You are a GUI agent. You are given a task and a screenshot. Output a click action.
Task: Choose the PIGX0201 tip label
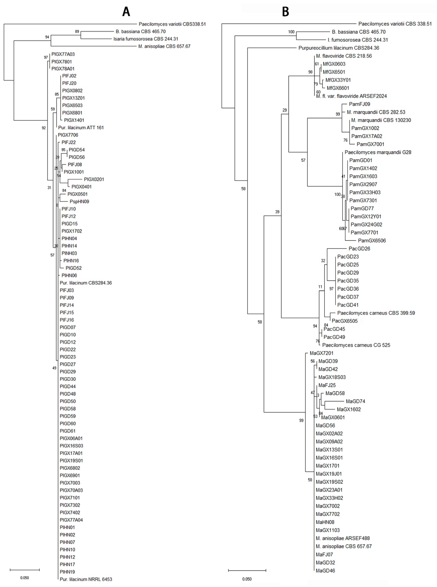[x=94, y=179]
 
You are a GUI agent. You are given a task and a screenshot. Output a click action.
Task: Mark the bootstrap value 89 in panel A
[x=77, y=32]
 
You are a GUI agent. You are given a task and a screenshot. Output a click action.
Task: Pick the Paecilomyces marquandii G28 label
[x=378, y=152]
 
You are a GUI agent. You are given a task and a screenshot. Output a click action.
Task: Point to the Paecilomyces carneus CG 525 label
[x=356, y=345]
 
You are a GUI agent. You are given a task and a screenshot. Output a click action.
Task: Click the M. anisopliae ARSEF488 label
[x=343, y=538]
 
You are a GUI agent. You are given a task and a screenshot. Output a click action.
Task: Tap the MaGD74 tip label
[x=355, y=401]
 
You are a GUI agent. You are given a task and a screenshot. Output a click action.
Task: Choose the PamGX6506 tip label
[x=372, y=240]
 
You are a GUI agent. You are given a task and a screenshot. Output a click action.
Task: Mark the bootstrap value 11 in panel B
[x=320, y=287]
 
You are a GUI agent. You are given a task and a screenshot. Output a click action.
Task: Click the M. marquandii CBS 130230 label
[x=381, y=120]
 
